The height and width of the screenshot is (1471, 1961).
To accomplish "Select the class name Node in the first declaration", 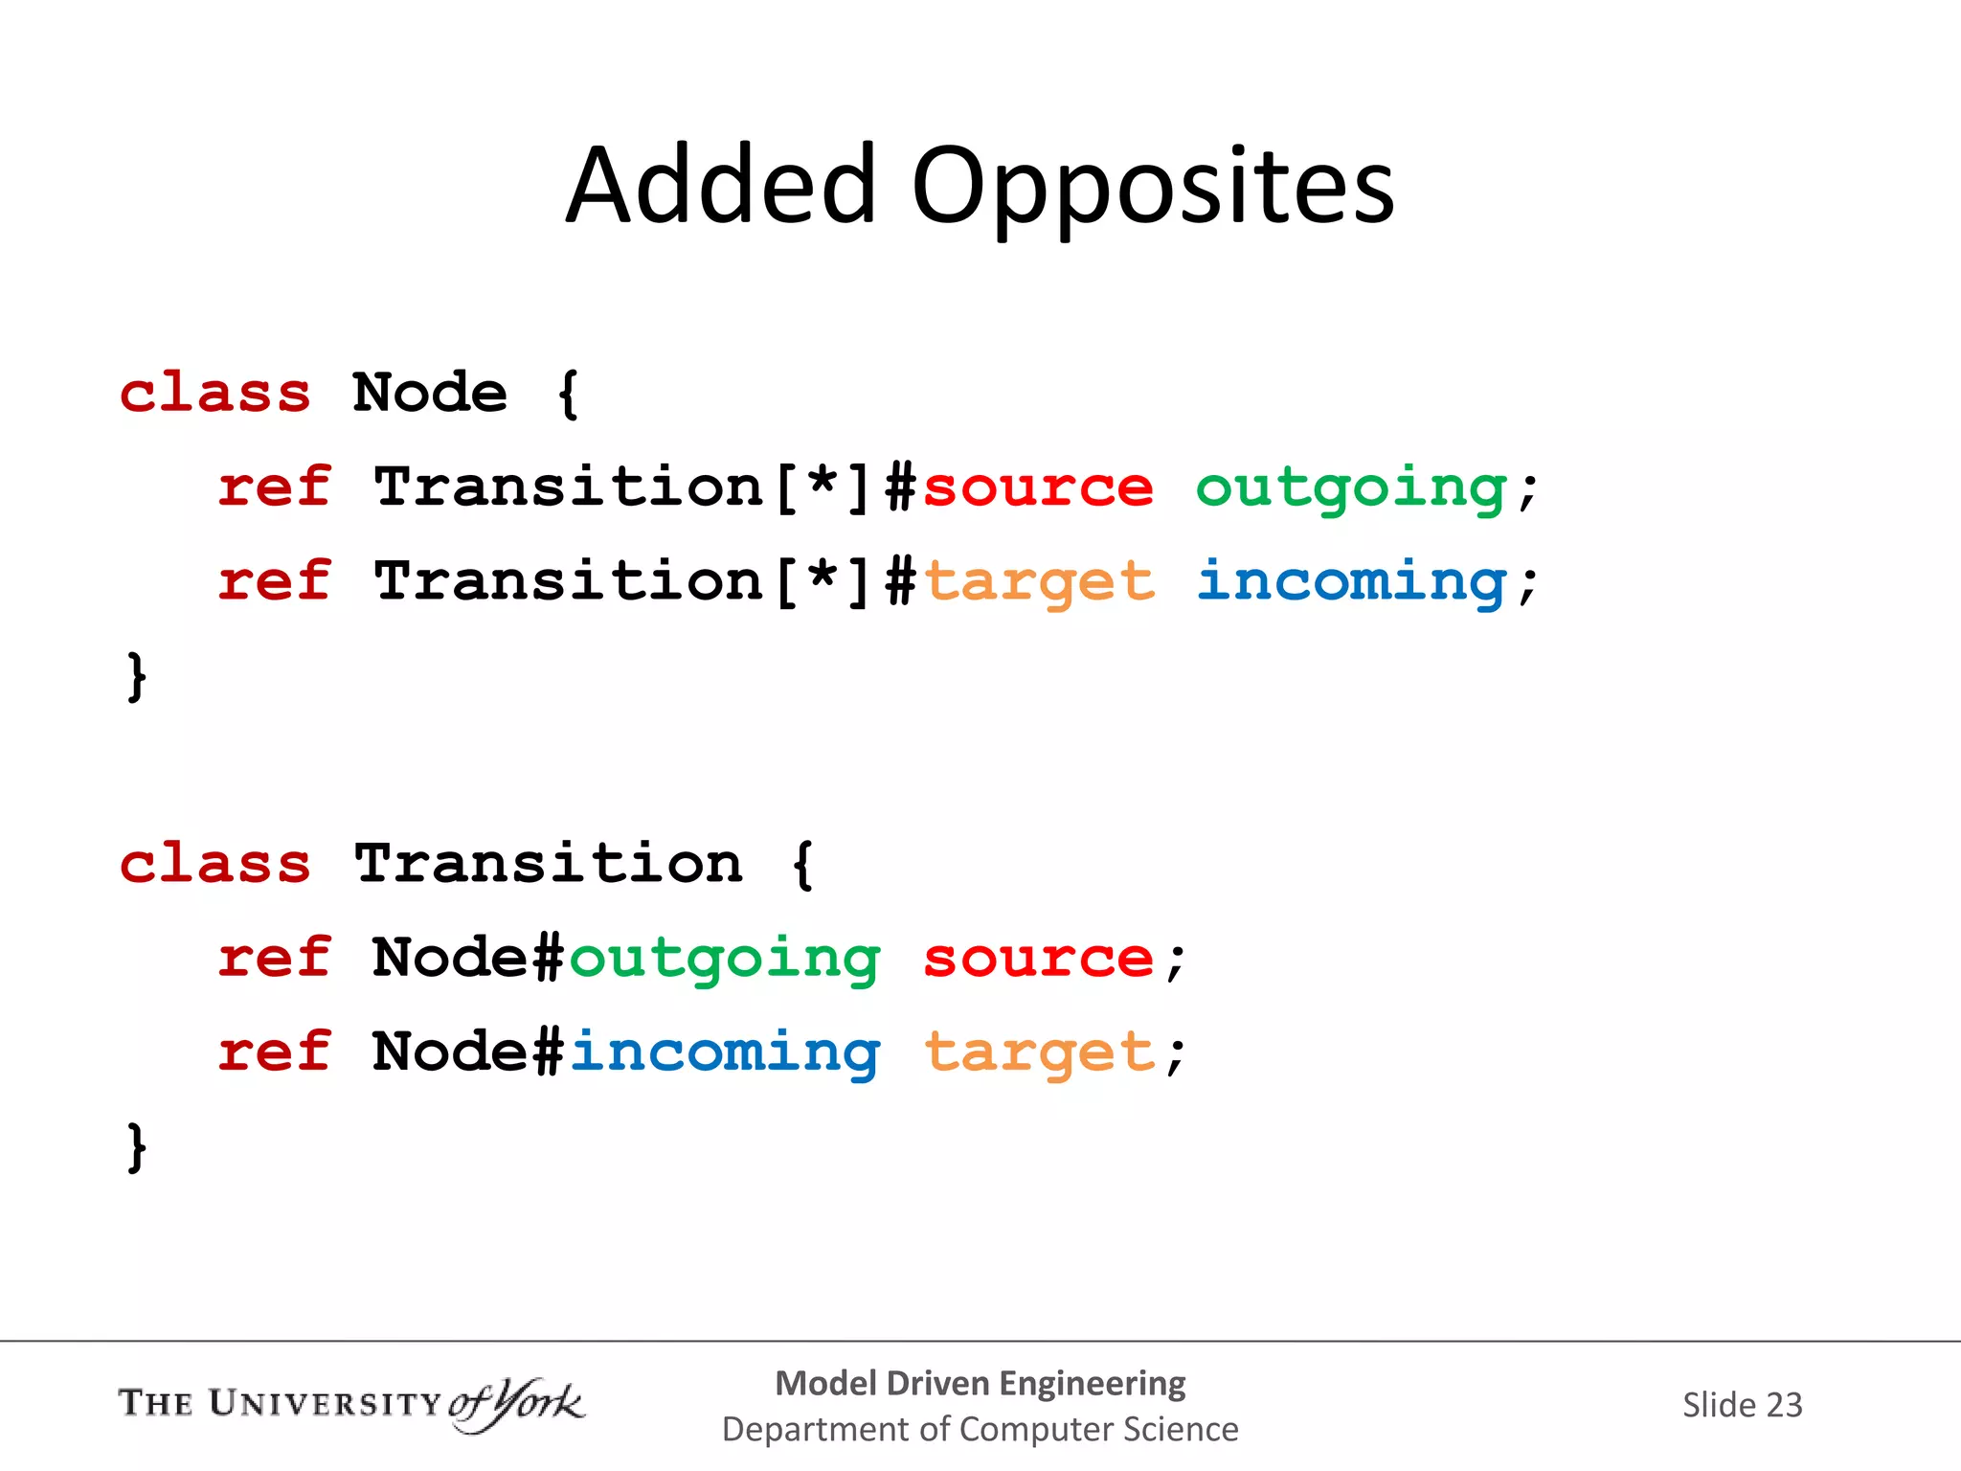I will [429, 393].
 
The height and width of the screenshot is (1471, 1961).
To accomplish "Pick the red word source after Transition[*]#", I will [1038, 487].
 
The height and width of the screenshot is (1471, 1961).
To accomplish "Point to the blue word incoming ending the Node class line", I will [1351, 582].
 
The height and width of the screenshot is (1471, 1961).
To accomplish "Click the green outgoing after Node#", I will [724, 960].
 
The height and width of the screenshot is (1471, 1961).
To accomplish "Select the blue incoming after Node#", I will [724, 1053].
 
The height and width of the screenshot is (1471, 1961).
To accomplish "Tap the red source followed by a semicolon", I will [1039, 959].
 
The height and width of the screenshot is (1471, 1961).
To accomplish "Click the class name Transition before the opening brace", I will [548, 864].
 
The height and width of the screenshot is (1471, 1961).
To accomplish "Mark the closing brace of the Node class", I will [137, 676].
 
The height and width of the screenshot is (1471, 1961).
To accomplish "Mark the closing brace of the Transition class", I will [137, 1146].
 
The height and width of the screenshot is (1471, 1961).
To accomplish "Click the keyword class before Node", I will [215, 393].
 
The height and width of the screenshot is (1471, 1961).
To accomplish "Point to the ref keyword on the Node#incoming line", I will [275, 1052].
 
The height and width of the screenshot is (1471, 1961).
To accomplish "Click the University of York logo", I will [350, 1404].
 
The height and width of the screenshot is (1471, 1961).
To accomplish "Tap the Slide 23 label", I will [1742, 1405].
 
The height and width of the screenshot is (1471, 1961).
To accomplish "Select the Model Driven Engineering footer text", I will [980, 1383].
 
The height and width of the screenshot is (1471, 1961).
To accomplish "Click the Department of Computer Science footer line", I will [980, 1429].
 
